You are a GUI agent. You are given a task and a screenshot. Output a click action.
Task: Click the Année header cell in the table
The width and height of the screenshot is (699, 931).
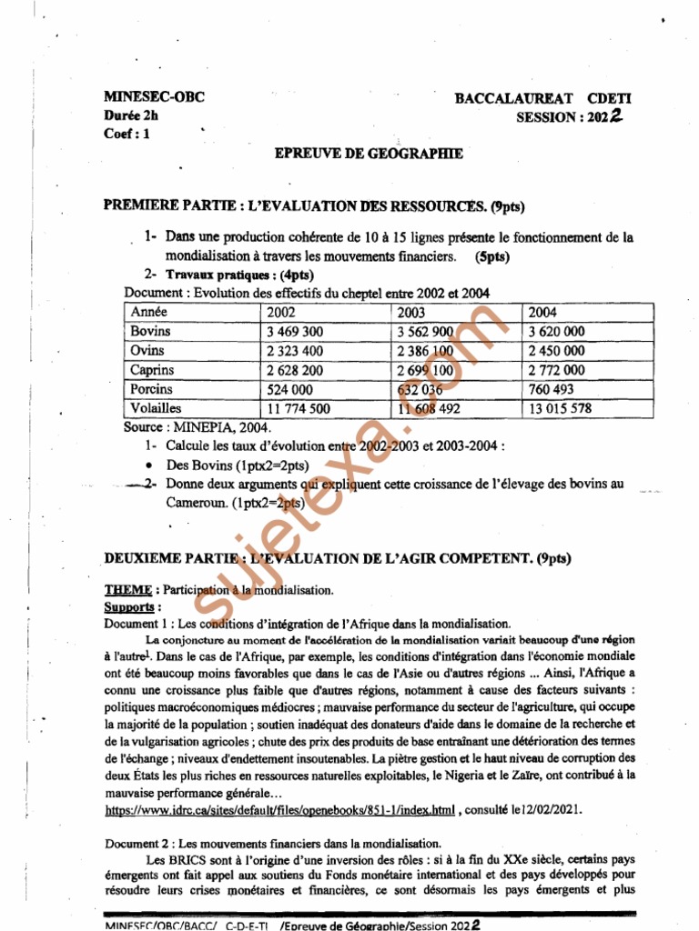149,312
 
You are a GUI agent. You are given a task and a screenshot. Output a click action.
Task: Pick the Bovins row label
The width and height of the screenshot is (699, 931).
151,331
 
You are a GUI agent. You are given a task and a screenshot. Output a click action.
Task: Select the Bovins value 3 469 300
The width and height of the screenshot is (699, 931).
295,332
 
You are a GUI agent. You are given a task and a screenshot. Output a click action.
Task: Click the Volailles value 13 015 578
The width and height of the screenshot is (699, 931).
559,409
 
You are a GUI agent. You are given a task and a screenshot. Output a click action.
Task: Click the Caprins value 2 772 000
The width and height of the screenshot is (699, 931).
556,370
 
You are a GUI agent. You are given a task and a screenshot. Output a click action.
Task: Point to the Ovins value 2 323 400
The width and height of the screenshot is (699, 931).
295,351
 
